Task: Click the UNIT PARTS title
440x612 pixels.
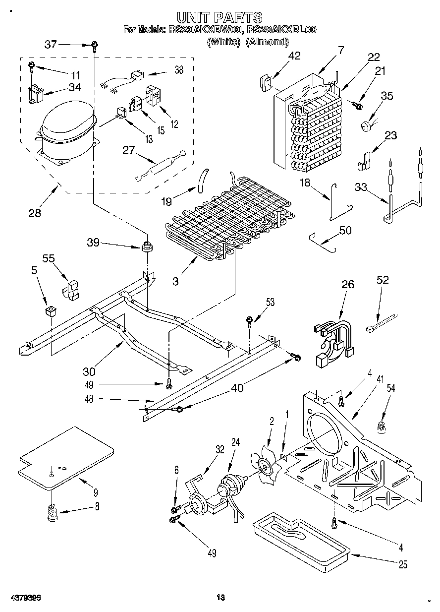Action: tap(220, 19)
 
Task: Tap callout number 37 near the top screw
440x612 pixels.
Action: tap(51, 44)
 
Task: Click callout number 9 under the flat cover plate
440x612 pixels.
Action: tap(95, 492)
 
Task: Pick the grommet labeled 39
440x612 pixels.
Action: tap(146, 246)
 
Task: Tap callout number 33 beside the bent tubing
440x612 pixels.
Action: tap(361, 187)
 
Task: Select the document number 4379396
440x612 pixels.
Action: tap(24, 598)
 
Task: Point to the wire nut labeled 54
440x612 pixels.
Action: tap(382, 424)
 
